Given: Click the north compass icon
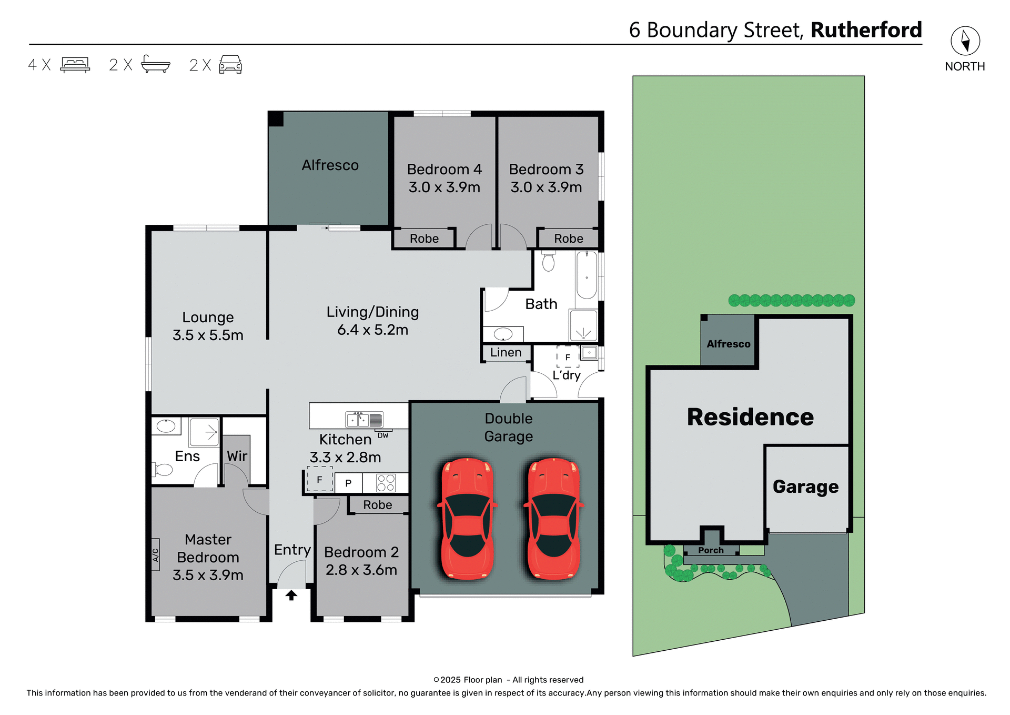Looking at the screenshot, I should [x=965, y=41].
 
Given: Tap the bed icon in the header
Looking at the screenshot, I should [x=75, y=65].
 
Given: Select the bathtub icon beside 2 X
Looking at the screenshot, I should [x=156, y=64].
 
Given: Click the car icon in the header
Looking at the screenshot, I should [x=230, y=64].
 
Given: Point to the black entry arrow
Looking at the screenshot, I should [x=291, y=595].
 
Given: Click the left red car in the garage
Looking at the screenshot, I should [x=467, y=519].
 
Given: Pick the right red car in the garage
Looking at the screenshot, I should [x=553, y=519].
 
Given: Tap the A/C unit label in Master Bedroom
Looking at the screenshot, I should [x=156, y=555].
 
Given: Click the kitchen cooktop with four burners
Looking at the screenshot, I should [x=386, y=483].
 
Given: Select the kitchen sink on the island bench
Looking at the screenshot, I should [x=363, y=420].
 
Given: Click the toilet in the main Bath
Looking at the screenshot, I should [x=548, y=261].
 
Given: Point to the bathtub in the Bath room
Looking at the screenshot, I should [x=587, y=275].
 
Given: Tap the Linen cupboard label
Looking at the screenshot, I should [x=506, y=353].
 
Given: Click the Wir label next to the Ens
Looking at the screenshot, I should [x=237, y=456].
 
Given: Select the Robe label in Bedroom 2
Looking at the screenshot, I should [x=377, y=505].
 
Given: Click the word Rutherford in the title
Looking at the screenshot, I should [x=866, y=30].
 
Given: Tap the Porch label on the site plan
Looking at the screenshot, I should [x=711, y=550].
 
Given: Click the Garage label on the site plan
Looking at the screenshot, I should [x=805, y=487].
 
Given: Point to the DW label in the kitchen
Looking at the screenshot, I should [x=383, y=435].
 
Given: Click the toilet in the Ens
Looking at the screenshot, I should [x=164, y=469].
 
